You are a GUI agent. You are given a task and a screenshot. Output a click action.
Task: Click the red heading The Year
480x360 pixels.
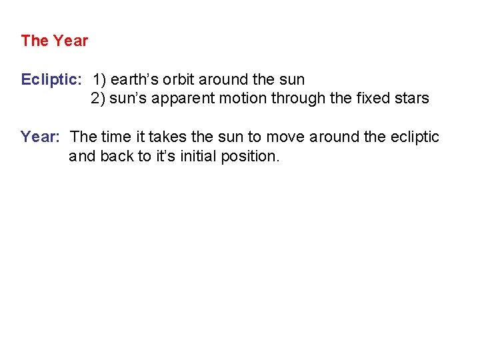[54, 41]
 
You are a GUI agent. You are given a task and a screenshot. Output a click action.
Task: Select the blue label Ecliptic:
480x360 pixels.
[51, 80]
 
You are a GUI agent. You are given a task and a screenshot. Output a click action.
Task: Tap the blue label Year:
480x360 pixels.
[41, 137]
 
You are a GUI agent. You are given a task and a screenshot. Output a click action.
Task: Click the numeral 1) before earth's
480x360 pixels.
[99, 80]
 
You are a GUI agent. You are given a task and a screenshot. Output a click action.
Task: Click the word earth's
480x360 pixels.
[133, 80]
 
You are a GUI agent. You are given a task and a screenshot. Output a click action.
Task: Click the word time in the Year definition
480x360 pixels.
[114, 137]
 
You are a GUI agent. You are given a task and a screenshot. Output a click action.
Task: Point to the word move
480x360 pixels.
[283, 137]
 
